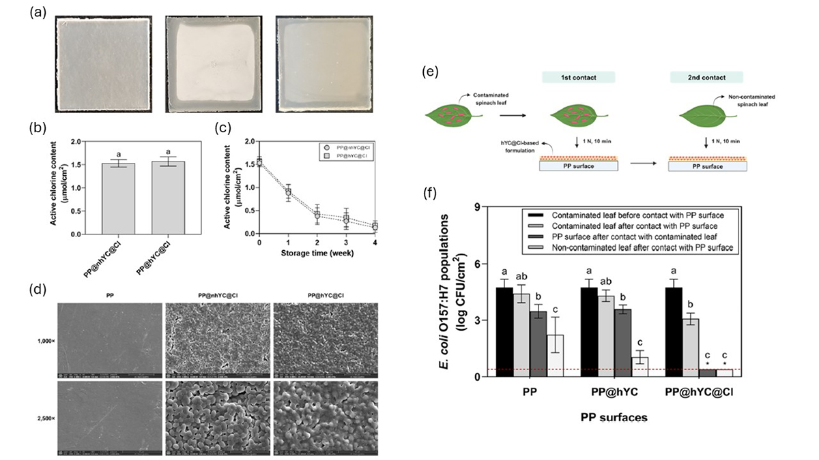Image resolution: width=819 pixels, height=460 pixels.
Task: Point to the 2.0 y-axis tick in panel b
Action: pos(79,141)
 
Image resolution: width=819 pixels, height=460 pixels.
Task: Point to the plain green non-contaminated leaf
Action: pos(704,117)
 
